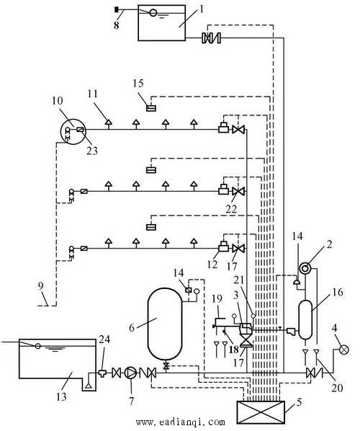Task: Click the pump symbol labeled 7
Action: click(130, 373)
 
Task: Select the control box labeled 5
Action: click(261, 412)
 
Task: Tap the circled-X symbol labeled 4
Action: click(343, 350)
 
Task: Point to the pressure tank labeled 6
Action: click(165, 324)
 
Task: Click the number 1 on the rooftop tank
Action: click(202, 10)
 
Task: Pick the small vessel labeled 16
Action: click(305, 320)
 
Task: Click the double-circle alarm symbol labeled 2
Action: click(305, 268)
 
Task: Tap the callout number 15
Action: click(138, 84)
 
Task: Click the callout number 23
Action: click(92, 151)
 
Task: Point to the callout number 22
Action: click(231, 209)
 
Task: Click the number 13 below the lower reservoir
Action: click(61, 396)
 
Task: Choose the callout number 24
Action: click(104, 339)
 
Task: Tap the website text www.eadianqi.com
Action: click(180, 422)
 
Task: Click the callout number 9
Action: click(40, 286)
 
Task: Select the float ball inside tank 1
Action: click(153, 13)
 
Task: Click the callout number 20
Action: click(337, 388)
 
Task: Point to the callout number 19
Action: click(217, 298)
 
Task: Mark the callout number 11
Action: click(93, 94)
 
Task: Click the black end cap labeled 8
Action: click(117, 10)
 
